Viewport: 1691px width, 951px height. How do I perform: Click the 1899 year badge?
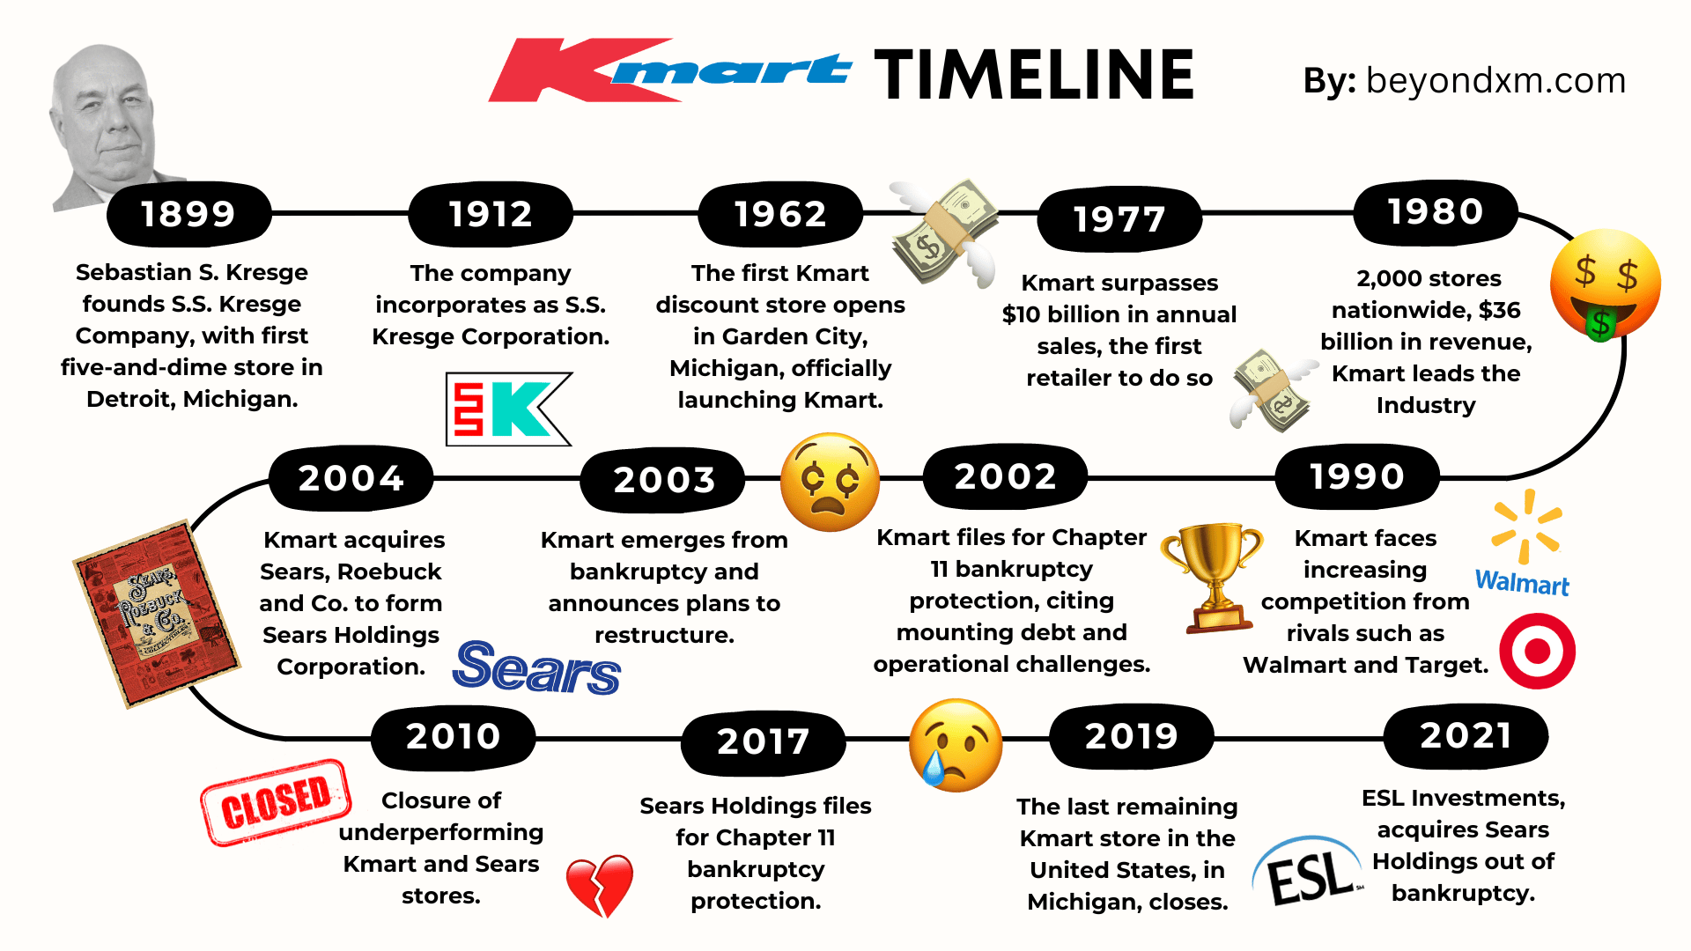coord(188,214)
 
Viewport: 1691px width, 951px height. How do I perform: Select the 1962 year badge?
coord(780,214)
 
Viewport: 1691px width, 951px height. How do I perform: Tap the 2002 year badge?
coord(1005,476)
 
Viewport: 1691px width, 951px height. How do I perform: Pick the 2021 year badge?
coord(1466,735)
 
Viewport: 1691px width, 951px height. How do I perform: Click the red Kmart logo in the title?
coord(669,70)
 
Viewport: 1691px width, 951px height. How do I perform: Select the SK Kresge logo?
coord(509,409)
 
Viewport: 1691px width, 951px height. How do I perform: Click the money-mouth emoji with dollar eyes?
coord(1606,285)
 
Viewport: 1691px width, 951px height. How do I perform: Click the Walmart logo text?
coord(1522,583)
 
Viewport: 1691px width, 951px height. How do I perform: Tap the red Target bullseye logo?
coord(1538,652)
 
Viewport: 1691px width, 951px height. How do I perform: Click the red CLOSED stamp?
coord(276,801)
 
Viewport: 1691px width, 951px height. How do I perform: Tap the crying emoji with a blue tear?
coord(956,745)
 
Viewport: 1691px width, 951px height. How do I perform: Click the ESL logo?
coord(1308,872)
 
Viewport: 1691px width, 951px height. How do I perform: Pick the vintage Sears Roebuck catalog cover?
coord(157,614)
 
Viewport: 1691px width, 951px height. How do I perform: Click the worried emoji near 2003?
coord(831,482)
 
